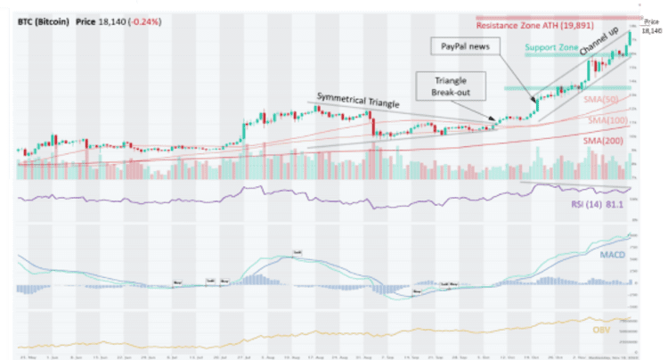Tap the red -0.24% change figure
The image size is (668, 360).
[x=145, y=20]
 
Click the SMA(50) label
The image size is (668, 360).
[x=601, y=101]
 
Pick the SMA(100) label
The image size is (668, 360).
[x=603, y=119]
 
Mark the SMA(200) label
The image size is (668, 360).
[x=603, y=140]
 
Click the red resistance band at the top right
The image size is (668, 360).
[x=557, y=18]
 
